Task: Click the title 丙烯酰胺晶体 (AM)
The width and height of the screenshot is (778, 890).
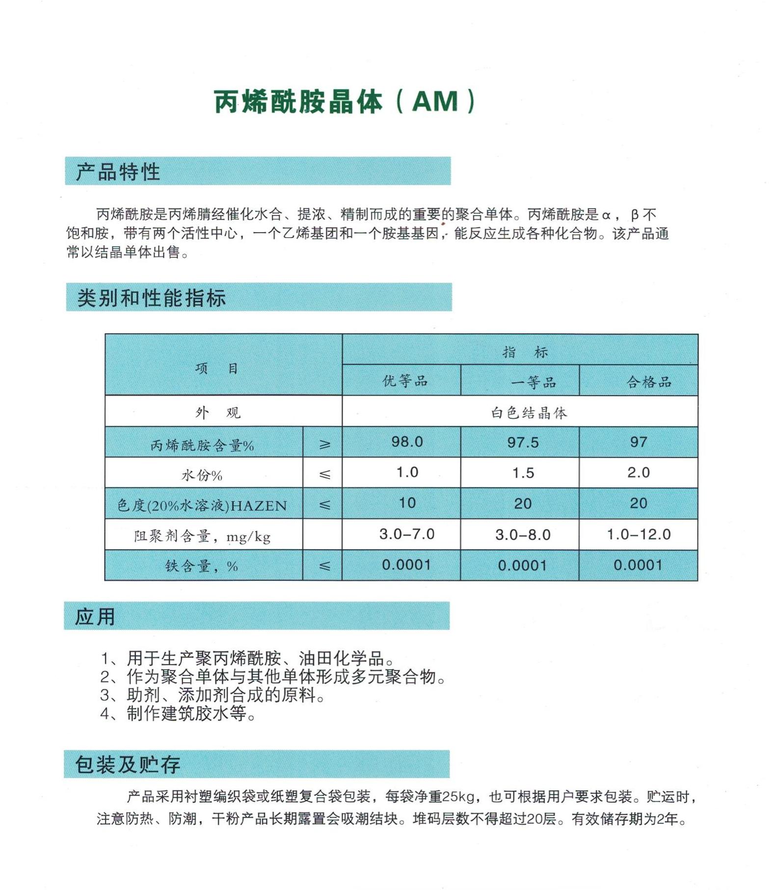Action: coord(345,102)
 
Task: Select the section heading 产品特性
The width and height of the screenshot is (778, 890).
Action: coord(118,172)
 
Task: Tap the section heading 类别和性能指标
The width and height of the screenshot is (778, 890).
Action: coord(151,297)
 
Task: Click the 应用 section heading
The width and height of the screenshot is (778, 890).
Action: coord(95,617)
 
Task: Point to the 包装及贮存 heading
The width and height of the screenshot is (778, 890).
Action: coord(128,764)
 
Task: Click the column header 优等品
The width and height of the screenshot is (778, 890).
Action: coord(405,381)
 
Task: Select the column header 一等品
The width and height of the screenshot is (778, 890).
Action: coord(534,382)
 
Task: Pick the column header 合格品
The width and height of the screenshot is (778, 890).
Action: coord(649,382)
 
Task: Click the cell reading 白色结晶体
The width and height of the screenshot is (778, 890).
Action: coord(529,413)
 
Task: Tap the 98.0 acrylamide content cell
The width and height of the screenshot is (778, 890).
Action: coord(407,442)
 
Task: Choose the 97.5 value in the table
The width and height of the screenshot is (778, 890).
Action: coord(523,443)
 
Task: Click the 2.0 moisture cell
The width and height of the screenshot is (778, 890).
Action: coord(638,473)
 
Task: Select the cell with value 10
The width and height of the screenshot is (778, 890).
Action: coord(407,503)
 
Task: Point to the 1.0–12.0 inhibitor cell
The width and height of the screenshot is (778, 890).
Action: coord(639,534)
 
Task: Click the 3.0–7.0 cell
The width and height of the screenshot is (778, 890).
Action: coord(407,534)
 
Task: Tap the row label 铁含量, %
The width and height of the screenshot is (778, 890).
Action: coord(202,566)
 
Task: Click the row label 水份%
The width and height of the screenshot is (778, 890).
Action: coord(202,475)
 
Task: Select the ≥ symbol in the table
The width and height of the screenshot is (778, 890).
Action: coord(324,444)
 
